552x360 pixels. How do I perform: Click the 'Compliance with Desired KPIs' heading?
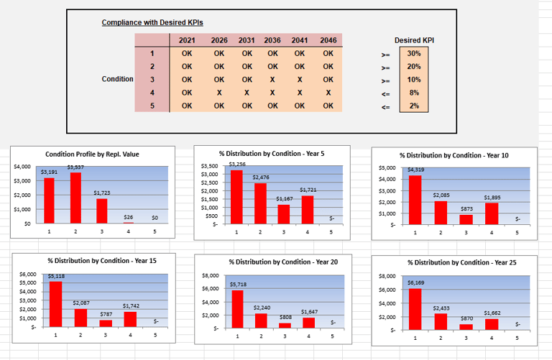pyautogui.click(x=152, y=23)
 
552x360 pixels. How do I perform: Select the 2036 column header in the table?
pyautogui.click(x=272, y=40)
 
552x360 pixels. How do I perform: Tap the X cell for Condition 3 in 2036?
pyautogui.click(x=272, y=79)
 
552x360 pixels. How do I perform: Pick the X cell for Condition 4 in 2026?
pyautogui.click(x=219, y=93)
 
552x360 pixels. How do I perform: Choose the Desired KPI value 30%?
pyautogui.click(x=414, y=54)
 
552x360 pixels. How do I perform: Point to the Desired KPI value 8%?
pyautogui.click(x=414, y=93)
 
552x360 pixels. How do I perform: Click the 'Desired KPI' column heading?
pyautogui.click(x=414, y=40)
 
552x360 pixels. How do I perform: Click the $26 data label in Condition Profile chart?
pyautogui.click(x=129, y=216)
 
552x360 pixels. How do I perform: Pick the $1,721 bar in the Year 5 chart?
pyautogui.click(x=308, y=208)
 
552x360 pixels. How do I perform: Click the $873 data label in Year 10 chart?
pyautogui.click(x=466, y=208)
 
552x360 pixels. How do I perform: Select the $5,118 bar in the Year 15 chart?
pyautogui.click(x=55, y=303)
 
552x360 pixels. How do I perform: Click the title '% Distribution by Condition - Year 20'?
pyautogui.click(x=282, y=262)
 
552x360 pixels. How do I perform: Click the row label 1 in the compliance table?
pyautogui.click(x=152, y=54)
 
